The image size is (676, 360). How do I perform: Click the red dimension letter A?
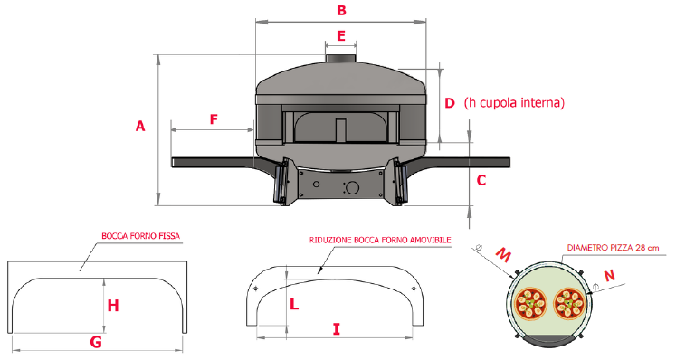pos(140,126)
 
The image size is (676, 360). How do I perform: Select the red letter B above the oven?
pos(341,10)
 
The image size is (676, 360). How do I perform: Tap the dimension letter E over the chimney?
pos(341,35)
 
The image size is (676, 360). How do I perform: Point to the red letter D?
pos(450,103)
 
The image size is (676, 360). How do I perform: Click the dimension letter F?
pos(214,119)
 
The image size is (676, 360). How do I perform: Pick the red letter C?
pos(481,180)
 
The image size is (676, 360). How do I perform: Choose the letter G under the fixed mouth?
pos(96,342)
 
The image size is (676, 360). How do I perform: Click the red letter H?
pos(113,306)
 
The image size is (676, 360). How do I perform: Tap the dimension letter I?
pos(337,329)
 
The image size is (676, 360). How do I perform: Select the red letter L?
pos(294,305)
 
